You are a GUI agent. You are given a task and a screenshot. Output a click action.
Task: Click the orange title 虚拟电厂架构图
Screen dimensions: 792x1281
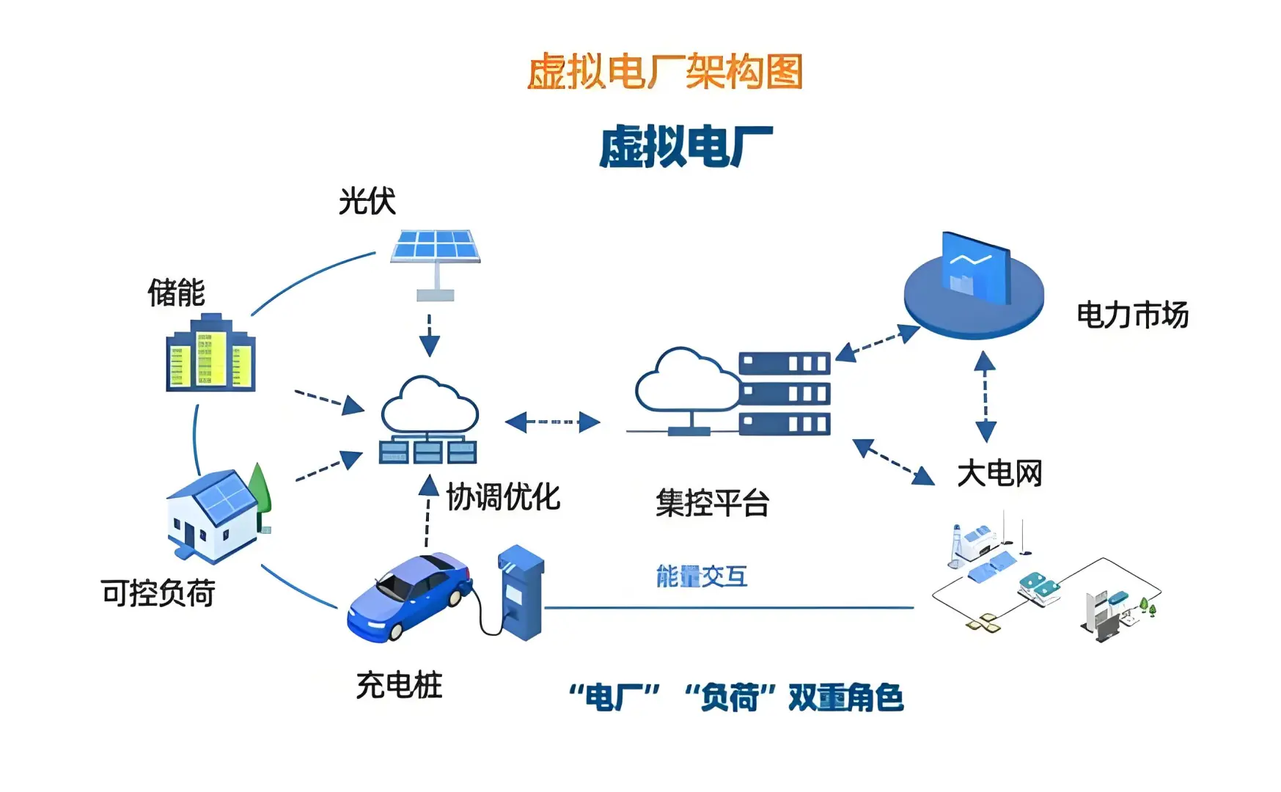click(664, 72)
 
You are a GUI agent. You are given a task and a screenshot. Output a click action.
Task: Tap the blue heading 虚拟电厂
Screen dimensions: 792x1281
click(686, 147)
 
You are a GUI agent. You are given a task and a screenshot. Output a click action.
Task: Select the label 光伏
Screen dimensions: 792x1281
click(367, 201)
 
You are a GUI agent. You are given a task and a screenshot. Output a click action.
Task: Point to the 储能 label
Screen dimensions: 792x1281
click(176, 293)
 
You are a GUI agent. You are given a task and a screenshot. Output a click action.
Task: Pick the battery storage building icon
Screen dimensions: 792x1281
click(210, 355)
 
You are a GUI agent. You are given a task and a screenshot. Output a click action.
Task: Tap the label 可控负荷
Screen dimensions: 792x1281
click(158, 593)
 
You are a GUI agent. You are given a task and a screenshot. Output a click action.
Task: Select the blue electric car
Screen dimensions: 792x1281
click(409, 596)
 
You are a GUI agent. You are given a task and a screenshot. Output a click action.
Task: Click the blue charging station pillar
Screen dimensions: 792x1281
click(521, 593)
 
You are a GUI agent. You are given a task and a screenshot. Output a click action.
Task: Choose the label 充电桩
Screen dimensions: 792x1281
click(399, 685)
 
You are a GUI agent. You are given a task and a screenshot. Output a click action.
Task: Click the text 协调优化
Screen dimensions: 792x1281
click(503, 497)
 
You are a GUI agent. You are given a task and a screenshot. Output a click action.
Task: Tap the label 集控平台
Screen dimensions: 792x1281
click(712, 503)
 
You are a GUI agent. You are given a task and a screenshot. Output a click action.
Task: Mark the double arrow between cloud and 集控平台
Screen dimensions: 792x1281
click(553, 422)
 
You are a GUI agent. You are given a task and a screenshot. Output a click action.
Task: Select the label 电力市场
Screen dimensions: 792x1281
click(1131, 315)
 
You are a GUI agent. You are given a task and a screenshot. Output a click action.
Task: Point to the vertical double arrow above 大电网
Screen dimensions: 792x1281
click(985, 396)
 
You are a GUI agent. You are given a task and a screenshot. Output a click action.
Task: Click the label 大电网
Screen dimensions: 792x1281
click(999, 473)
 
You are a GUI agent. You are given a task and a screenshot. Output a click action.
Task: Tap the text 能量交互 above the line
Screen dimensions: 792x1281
click(702, 576)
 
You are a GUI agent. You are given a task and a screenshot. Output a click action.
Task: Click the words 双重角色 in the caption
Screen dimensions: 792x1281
click(845, 697)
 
